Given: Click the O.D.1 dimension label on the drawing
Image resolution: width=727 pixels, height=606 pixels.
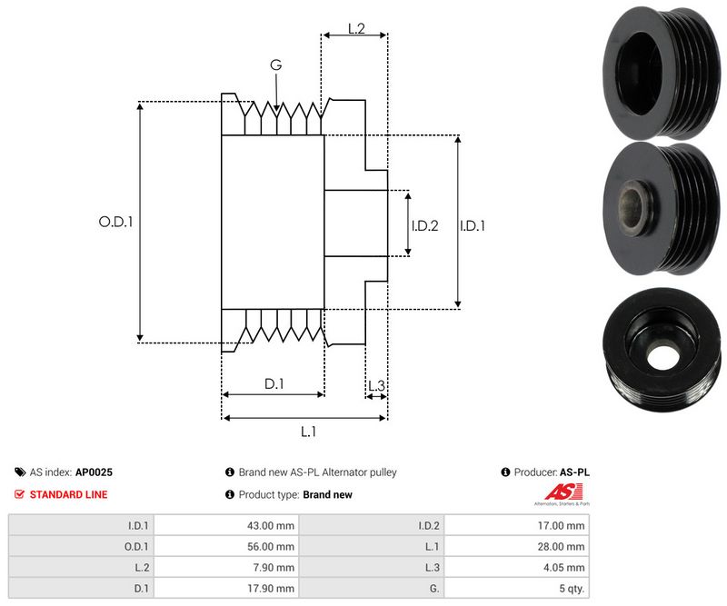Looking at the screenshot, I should [115, 221].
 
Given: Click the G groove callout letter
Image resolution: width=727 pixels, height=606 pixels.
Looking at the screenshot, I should [275, 65].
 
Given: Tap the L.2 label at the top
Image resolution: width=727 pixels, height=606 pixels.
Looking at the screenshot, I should [355, 30].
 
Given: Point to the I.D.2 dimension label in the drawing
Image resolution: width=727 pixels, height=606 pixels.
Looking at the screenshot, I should [424, 225].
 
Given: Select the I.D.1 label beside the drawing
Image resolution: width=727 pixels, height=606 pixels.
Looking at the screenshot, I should [472, 225].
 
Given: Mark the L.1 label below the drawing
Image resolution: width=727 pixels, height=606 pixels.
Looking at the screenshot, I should [308, 432].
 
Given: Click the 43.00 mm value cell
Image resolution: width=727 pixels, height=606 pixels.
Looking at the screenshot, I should [273, 525].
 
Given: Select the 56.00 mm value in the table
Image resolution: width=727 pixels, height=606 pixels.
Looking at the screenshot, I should [273, 547].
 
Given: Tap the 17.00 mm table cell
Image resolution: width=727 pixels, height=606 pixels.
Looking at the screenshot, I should [563, 525].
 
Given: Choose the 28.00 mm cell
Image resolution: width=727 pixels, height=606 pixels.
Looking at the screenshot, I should [563, 547].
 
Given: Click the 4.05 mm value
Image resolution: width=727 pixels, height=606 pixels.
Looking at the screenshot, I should [564, 568].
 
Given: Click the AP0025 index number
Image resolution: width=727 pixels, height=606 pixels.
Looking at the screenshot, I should [94, 472].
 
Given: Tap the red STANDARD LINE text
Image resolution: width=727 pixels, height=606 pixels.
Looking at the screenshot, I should [68, 494].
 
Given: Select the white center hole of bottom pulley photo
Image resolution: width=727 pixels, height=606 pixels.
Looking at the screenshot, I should [661, 355].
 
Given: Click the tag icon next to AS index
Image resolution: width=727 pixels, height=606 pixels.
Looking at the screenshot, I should [19, 472].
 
